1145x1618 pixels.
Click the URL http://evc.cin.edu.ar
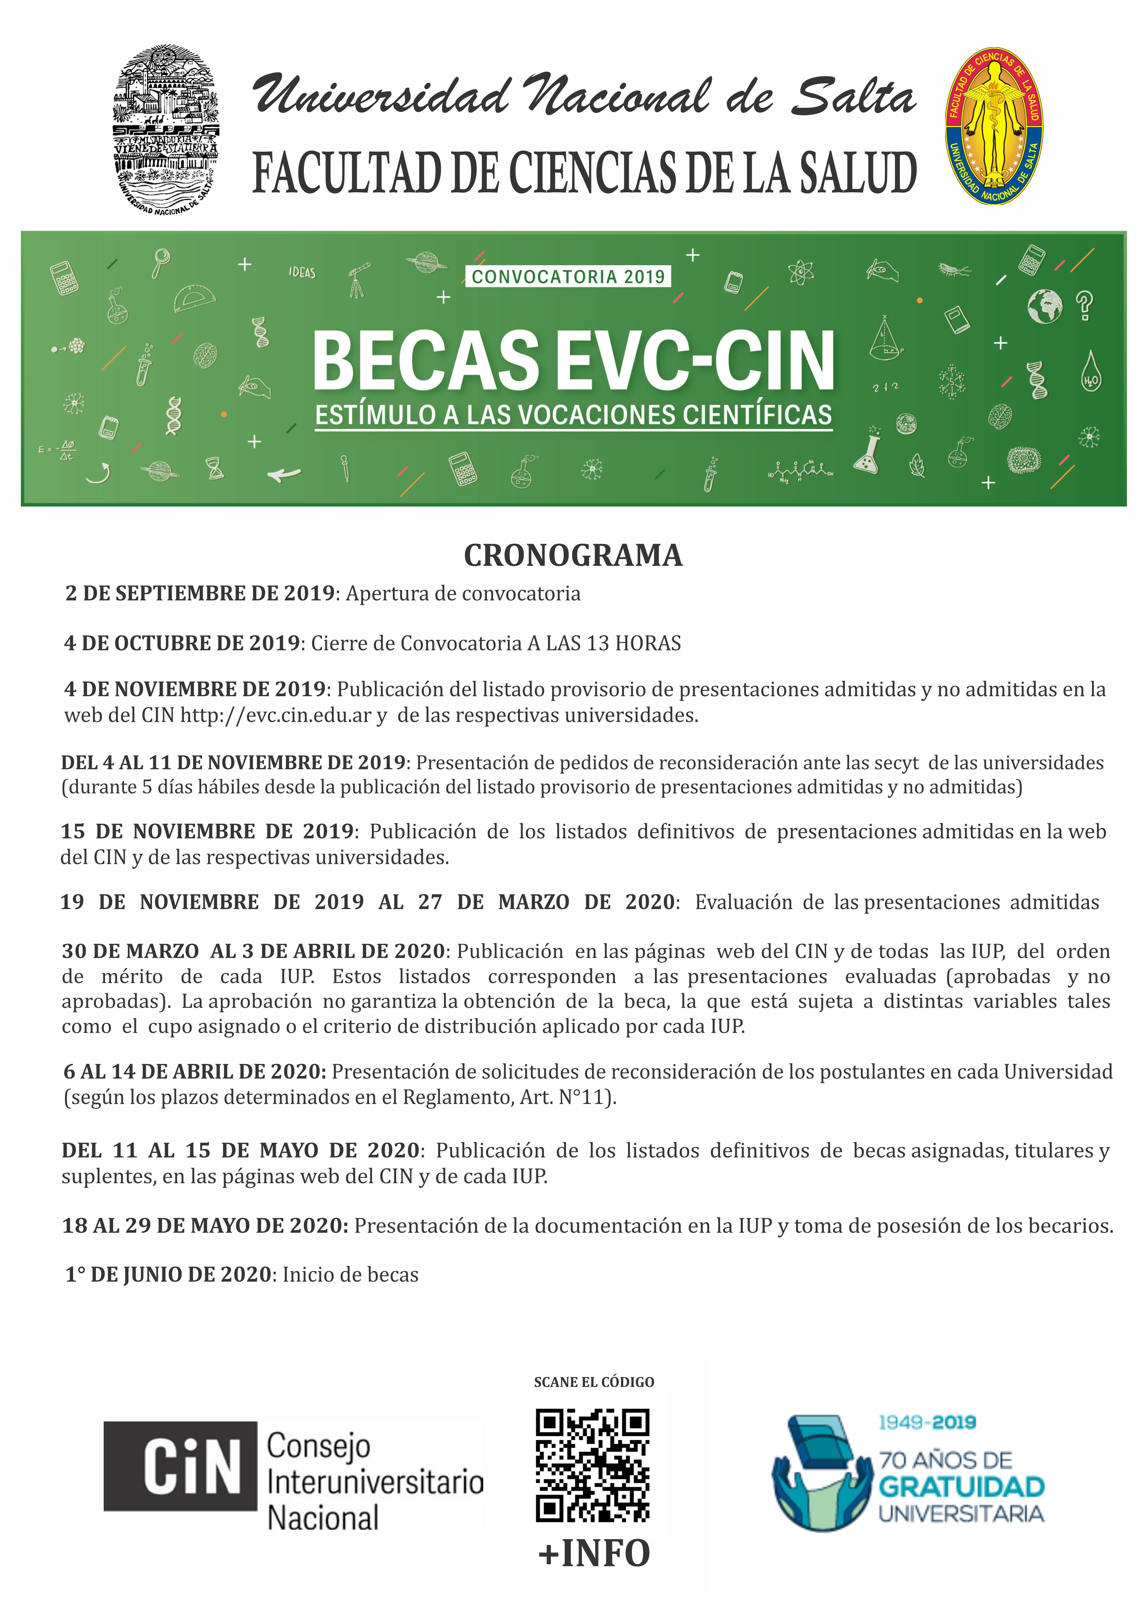pyautogui.click(x=276, y=715)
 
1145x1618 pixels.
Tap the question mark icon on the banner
pyautogui.click(x=1084, y=305)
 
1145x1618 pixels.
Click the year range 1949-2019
pyautogui.click(x=927, y=1422)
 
